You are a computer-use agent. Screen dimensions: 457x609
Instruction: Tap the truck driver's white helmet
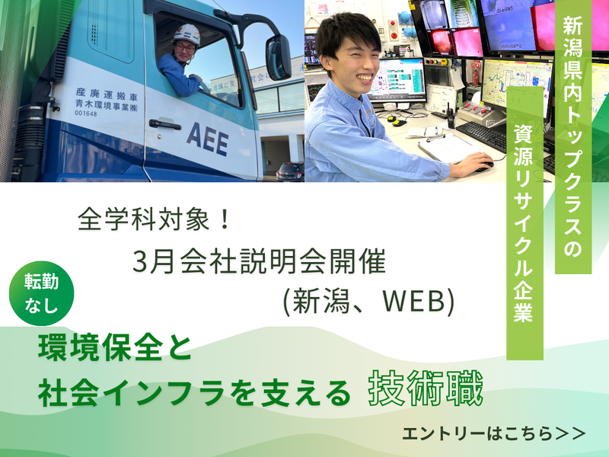click(x=187, y=34)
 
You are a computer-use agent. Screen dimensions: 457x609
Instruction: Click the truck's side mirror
click(x=277, y=57)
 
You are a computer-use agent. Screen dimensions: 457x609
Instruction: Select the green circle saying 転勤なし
click(x=43, y=292)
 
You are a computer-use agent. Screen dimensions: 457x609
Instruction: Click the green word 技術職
click(x=425, y=390)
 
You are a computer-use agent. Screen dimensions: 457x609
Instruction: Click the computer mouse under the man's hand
click(x=484, y=163)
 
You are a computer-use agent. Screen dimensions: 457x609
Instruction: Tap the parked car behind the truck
click(x=289, y=171)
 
